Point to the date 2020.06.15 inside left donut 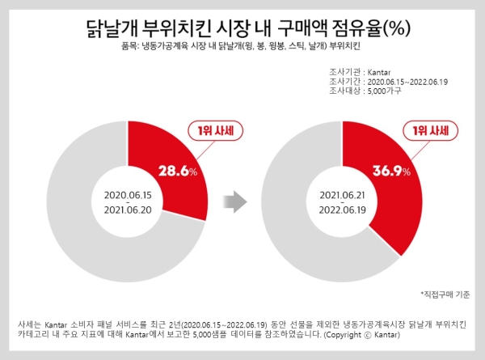coord(127,195)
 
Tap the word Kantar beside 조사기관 coord(380,73)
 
